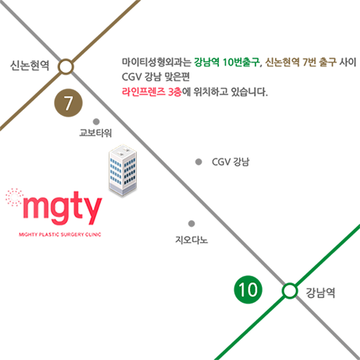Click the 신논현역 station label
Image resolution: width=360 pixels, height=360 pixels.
coord(30,66)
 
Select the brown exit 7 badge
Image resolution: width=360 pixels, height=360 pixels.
coord(68,103)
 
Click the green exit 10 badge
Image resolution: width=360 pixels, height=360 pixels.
coord(248,289)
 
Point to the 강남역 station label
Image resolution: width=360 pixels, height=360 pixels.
coord(320,292)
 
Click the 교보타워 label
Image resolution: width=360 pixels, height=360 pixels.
coord(96,132)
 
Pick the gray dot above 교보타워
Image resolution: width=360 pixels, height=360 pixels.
coord(96,122)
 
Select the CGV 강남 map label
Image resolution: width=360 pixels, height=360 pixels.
coord(230,162)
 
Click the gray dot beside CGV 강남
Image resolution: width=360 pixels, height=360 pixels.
coord(199,162)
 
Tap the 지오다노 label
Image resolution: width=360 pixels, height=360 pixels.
coord(192,240)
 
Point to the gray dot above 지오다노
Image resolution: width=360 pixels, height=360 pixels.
coord(192,223)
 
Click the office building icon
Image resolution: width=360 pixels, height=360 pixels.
coord(122,171)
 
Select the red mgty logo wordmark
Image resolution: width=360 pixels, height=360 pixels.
coord(62,208)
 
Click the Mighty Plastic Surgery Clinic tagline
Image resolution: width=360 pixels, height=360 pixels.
coord(60,234)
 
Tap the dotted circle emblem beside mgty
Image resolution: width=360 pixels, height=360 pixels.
coord(14,197)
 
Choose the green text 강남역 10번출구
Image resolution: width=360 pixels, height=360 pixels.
coord(227,62)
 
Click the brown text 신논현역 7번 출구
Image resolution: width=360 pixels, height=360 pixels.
coord(301,62)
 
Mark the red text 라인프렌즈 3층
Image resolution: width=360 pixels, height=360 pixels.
coord(152,91)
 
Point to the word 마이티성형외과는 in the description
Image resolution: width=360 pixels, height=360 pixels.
coord(156,62)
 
